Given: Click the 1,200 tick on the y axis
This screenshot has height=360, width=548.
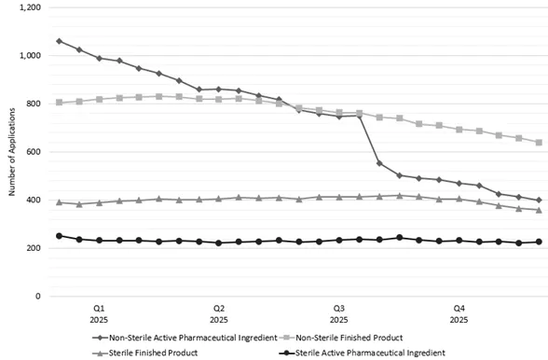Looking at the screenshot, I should point(28,7).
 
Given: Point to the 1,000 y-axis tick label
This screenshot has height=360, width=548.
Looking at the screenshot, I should point(28,56).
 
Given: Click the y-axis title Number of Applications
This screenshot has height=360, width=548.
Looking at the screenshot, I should point(11,152).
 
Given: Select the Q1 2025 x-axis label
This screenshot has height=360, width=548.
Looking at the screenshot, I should point(99,312).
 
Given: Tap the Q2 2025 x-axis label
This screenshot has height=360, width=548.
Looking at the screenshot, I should point(219,312).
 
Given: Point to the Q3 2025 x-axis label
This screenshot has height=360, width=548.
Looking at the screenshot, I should point(339,312).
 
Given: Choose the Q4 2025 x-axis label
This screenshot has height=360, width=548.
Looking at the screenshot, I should point(459,312).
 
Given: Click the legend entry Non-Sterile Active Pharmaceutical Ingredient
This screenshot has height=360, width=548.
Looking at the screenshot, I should point(192,338).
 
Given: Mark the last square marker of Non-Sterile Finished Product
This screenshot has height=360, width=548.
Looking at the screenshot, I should point(540,143).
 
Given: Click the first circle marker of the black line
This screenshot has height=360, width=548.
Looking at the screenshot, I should point(59,236).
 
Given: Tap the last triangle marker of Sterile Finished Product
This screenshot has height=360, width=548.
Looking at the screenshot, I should point(540,210).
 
